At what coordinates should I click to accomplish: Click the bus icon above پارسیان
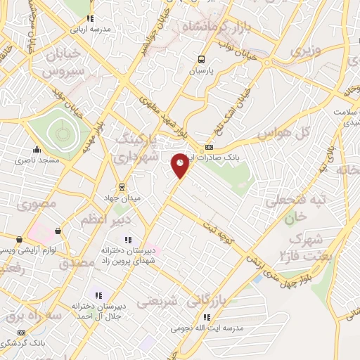click(202, 60)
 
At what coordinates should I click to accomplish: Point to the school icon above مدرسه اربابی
click(89, 19)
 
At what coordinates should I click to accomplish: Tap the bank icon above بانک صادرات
click(208, 148)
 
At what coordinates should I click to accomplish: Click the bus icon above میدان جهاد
click(122, 187)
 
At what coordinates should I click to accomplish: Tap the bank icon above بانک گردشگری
click(21, 333)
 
